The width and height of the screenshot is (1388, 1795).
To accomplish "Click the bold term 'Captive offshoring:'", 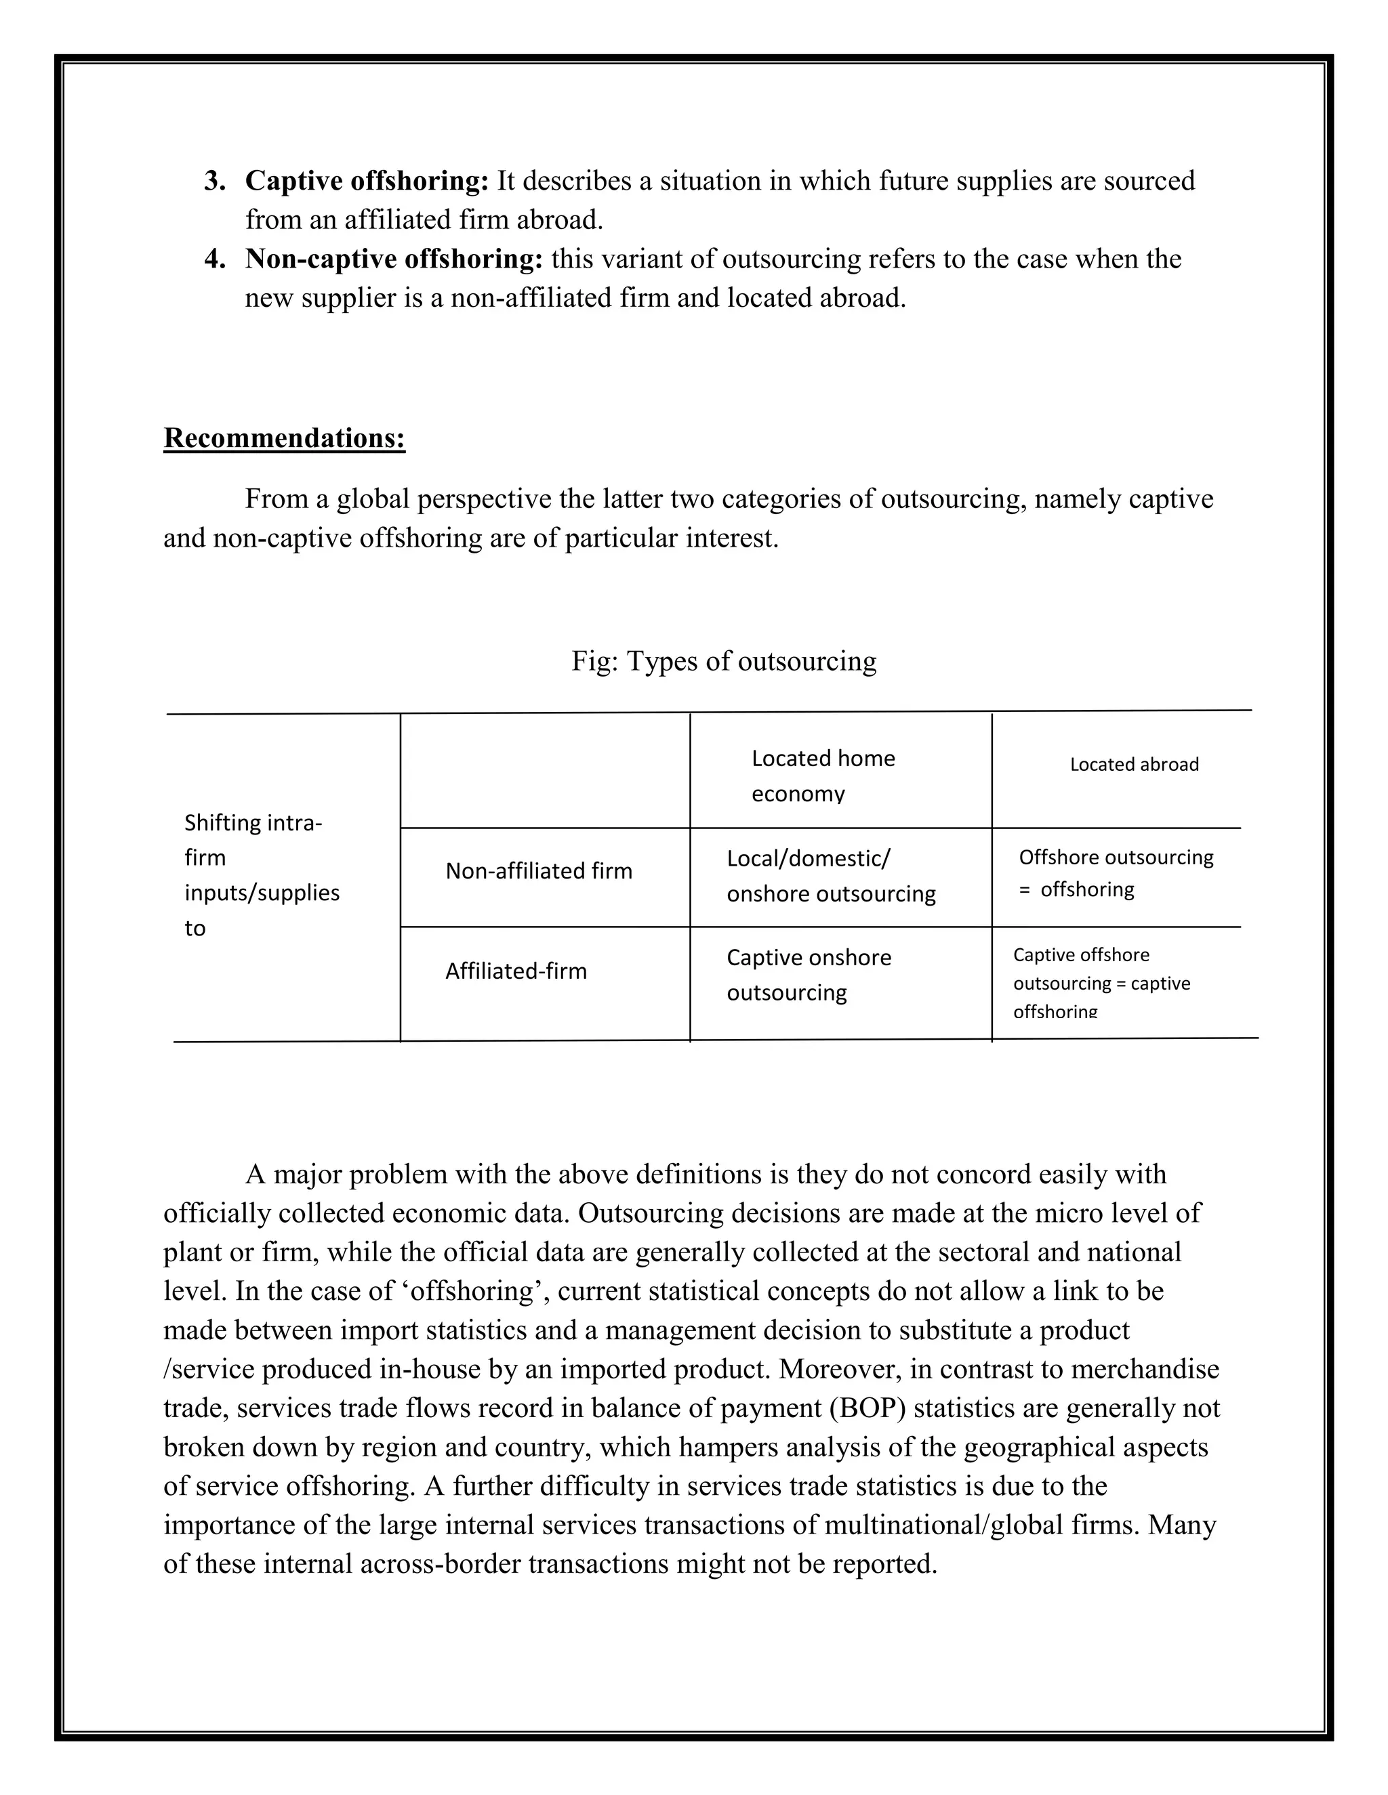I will pyautogui.click(x=367, y=182).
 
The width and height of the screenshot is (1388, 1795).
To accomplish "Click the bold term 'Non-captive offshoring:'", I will pyautogui.click(x=394, y=259).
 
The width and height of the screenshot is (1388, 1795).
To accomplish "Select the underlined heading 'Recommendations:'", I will pyautogui.click(x=285, y=438).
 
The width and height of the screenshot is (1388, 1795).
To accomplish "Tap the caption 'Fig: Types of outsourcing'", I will pyautogui.click(x=724, y=662).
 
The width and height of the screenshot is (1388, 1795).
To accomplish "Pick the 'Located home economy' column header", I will pyautogui.click(x=822, y=775).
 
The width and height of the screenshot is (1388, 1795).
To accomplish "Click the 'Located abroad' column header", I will pyautogui.click(x=1134, y=764).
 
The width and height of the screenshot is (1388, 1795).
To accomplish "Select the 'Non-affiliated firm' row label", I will pyautogui.click(x=539, y=871).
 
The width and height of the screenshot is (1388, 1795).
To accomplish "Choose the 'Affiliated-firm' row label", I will pyautogui.click(x=516, y=971).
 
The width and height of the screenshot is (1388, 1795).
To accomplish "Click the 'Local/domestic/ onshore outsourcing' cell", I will pyautogui.click(x=830, y=876).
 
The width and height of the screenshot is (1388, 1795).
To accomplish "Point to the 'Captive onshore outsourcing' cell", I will pyautogui.click(x=809, y=975).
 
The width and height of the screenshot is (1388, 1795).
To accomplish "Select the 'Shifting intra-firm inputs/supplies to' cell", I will pyautogui.click(x=261, y=875).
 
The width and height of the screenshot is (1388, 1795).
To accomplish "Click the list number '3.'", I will pyautogui.click(x=215, y=182).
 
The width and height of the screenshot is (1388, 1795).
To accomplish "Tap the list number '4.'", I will pyautogui.click(x=215, y=259).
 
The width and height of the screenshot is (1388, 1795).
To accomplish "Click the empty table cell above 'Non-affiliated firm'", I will pyautogui.click(x=544, y=771).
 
